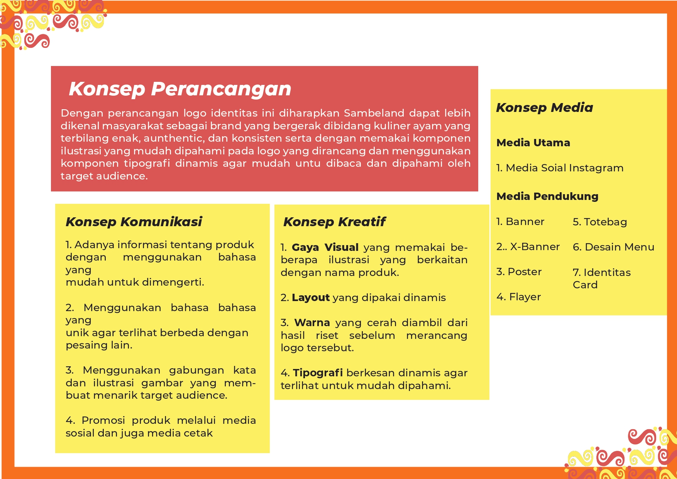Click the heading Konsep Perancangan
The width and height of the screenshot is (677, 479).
pos(180,89)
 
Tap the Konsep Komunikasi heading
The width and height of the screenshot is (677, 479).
pos(134,222)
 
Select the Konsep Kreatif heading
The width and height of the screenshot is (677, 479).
pos(334,222)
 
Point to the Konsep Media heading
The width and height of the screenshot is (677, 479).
pos(544,108)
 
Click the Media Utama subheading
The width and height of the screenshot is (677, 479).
pos(533,143)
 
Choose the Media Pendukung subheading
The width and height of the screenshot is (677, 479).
pos(547,196)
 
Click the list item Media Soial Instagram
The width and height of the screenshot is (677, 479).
pos(560,168)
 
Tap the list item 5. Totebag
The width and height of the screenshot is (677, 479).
pos(600,222)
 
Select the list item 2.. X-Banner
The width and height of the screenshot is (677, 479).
pos(528,247)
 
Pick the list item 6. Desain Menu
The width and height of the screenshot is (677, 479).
pos(613,247)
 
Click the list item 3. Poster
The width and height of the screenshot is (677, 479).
pos(519,272)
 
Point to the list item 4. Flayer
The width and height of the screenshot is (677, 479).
pos(518,297)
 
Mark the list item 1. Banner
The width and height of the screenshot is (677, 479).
pos(520,222)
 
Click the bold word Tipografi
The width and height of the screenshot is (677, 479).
pos(318,373)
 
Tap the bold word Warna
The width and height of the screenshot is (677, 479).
pos(312,323)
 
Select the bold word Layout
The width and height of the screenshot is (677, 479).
pos(311,298)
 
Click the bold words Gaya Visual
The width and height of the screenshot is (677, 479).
pos(325,247)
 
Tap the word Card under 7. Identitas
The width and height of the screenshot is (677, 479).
pos(585,285)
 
